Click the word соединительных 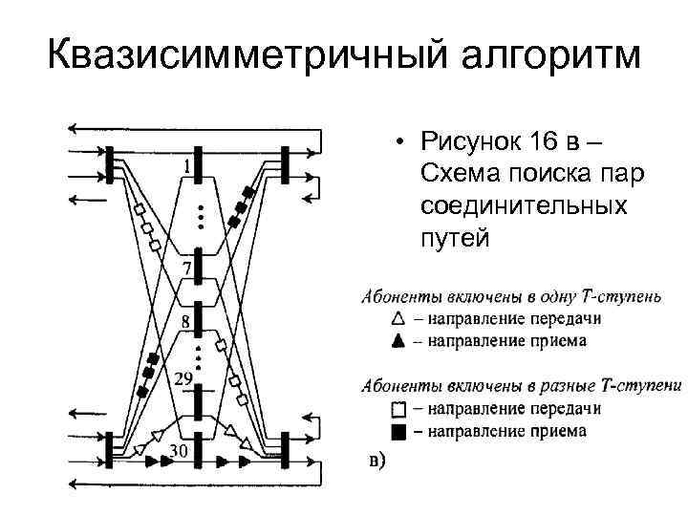point(523,205)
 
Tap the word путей point(454,237)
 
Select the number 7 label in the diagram point(187,266)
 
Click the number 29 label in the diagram point(184,380)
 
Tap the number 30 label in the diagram point(179,450)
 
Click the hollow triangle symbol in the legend point(398,318)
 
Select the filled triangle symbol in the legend point(398,340)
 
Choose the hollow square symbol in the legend point(398,409)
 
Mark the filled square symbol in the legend point(398,431)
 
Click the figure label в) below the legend point(377,462)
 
